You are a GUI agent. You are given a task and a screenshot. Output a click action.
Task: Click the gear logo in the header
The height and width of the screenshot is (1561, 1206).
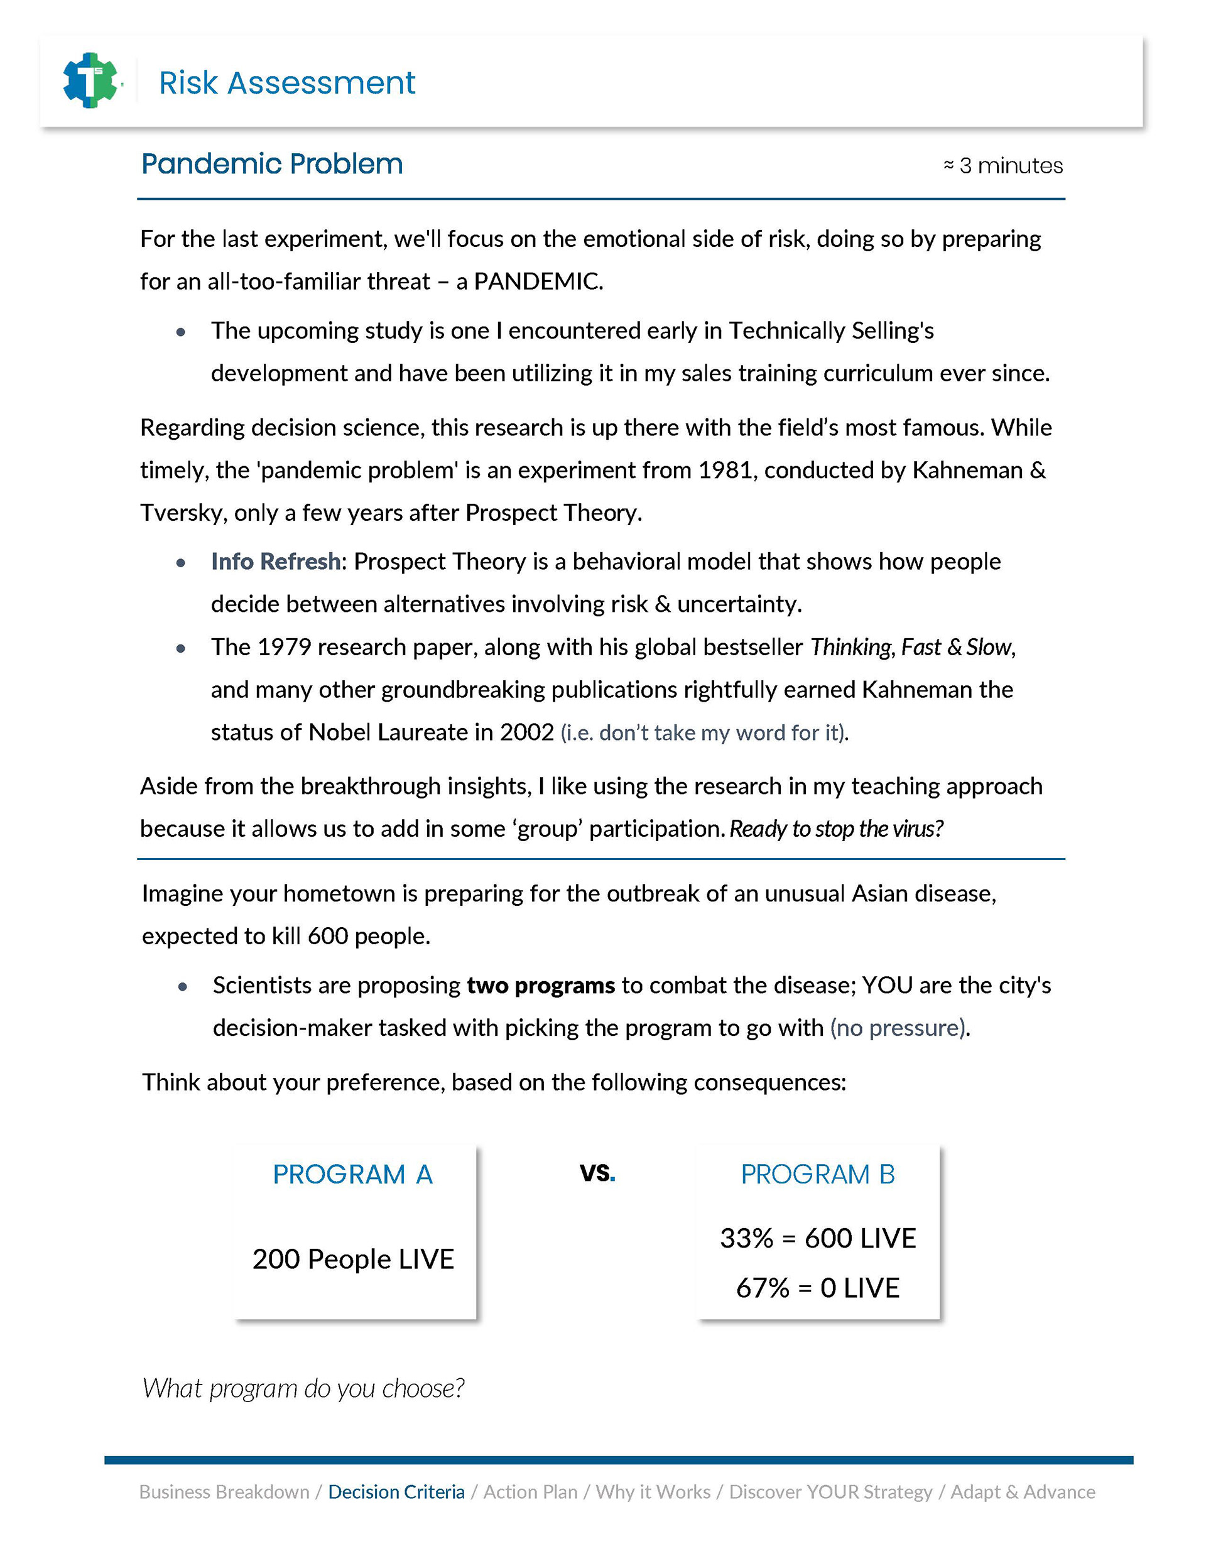[90, 81]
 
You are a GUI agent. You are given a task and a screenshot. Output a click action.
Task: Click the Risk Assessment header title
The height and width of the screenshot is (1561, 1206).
[286, 83]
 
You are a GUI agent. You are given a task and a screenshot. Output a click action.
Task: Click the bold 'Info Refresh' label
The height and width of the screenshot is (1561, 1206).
[275, 562]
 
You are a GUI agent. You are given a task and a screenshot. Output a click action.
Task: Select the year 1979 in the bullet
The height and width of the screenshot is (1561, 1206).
[284, 647]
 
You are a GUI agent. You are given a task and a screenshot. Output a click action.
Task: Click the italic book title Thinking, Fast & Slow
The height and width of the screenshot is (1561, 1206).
[911, 647]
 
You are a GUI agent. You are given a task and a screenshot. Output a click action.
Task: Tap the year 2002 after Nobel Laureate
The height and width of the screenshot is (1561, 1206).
[527, 732]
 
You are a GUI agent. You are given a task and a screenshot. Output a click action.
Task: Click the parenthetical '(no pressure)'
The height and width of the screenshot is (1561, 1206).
[899, 1028]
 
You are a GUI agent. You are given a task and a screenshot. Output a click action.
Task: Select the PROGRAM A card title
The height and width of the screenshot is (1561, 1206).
[352, 1174]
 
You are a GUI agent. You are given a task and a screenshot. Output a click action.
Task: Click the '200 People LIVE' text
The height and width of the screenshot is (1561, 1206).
[353, 1259]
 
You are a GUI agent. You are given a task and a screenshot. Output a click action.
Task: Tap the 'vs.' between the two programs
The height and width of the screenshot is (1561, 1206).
[597, 1172]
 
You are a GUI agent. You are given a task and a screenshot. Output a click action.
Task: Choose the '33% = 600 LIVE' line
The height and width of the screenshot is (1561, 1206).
[818, 1239]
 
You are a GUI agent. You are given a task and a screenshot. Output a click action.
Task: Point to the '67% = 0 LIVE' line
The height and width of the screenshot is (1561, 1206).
[818, 1288]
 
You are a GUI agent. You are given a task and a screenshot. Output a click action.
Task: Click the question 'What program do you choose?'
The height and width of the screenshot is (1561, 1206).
[303, 1389]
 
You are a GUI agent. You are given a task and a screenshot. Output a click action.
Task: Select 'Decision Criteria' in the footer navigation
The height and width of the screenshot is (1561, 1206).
[396, 1493]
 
